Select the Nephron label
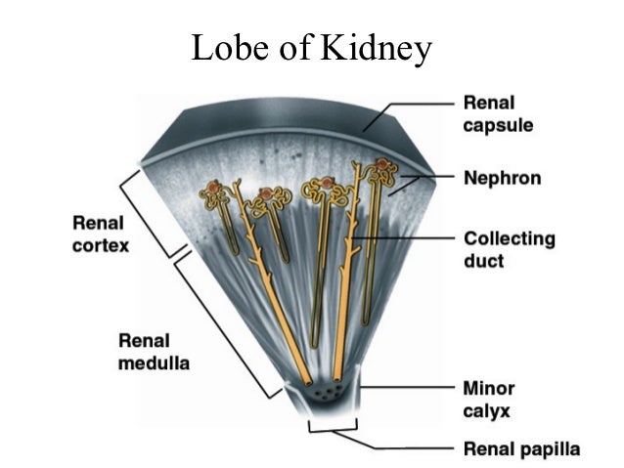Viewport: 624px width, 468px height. [502, 179]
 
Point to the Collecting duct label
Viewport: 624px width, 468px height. [508, 249]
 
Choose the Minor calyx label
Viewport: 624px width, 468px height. [489, 399]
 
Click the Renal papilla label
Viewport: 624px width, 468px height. [520, 449]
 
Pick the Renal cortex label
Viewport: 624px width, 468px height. [101, 235]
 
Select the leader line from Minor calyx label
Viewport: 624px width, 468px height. [411, 389]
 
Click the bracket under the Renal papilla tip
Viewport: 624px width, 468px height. [333, 427]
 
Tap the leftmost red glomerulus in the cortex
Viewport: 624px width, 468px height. [211, 186]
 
